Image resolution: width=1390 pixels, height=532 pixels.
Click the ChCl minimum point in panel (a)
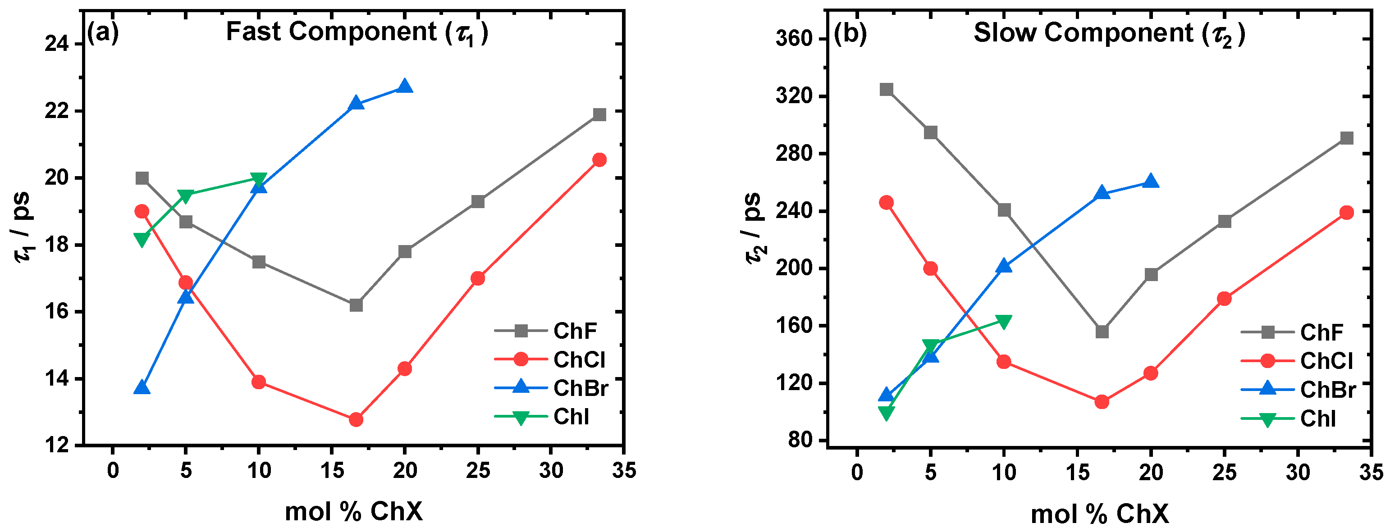(356, 419)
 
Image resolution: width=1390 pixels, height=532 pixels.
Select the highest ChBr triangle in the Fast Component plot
(405, 86)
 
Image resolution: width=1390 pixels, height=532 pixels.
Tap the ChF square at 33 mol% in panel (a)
(599, 114)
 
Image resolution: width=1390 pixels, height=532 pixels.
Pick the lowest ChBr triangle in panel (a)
(142, 387)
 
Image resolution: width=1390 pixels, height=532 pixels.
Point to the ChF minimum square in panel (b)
(1102, 331)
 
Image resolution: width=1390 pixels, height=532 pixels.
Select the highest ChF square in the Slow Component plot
(886, 90)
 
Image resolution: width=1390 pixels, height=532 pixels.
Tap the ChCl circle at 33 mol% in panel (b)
(1346, 213)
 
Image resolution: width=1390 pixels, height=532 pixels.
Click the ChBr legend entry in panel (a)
(580, 388)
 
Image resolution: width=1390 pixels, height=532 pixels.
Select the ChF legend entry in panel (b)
(1321, 332)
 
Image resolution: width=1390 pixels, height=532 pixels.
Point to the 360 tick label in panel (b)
(793, 39)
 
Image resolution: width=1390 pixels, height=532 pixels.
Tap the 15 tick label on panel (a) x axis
(332, 470)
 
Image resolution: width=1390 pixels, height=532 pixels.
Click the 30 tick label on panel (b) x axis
(1297, 472)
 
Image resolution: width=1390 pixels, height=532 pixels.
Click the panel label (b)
(850, 33)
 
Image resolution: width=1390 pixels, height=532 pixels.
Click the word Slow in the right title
(1005, 32)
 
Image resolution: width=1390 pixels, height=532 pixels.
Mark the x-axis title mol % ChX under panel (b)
(1100, 514)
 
